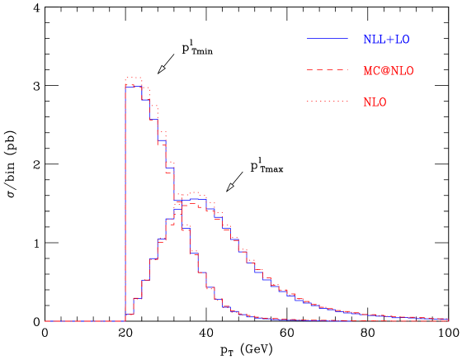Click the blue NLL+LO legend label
(385, 40)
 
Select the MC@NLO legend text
(388, 71)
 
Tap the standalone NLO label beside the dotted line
(375, 102)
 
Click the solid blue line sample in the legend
(328, 39)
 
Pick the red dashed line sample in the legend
(328, 70)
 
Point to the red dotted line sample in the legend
(328, 102)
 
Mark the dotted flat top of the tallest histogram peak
(134, 78)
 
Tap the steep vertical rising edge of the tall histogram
(125, 198)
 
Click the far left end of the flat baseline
(45, 320)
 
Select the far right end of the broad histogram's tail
(448, 318)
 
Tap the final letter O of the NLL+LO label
(405, 40)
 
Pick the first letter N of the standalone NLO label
(367, 102)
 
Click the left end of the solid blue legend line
(308, 39)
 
